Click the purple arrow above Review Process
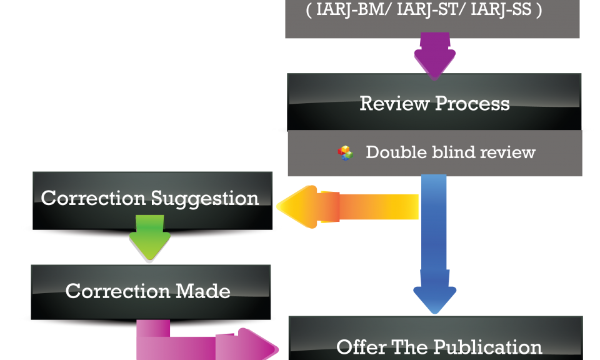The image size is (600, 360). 434,57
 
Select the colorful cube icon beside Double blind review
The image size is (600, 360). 345,152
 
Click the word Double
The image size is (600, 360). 392,152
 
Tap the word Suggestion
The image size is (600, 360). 204,198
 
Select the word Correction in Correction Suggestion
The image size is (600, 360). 93,198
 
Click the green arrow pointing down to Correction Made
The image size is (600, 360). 149,238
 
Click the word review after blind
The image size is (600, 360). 504,152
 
